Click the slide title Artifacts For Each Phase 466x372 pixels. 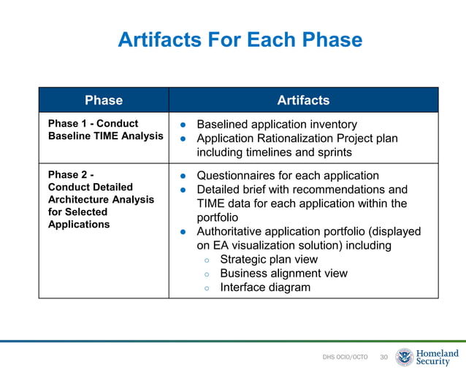(240, 39)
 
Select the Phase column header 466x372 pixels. (104, 100)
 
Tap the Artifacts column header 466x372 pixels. (303, 100)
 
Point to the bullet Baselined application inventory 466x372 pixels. (277, 125)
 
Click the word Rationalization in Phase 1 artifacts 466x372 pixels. (302, 139)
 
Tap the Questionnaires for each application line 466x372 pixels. (288, 176)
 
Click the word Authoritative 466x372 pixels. (236, 231)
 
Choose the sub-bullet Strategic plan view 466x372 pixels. (268, 259)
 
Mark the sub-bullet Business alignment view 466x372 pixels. (283, 274)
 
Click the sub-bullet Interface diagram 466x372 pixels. (264, 287)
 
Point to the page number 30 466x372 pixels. (383, 357)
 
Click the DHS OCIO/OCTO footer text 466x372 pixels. (345, 357)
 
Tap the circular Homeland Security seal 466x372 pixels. (405, 357)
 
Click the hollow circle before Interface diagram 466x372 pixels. (207, 288)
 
